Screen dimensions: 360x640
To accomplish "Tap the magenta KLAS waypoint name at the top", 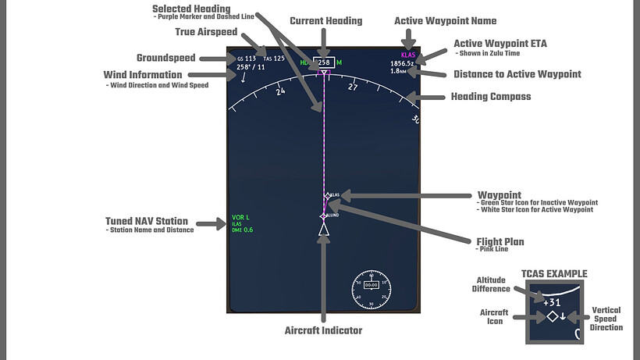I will [407, 55].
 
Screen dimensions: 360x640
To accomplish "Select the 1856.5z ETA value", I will [404, 63].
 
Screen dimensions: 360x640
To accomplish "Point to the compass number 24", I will [280, 91].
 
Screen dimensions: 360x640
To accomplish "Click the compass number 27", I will [353, 87].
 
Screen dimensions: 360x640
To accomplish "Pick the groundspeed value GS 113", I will [246, 59].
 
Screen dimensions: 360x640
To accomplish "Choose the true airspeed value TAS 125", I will [273, 59].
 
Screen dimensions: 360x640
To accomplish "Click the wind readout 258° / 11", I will [251, 67].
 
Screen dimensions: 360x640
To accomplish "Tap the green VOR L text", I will [240, 216].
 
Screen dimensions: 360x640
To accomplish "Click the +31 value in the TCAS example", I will [552, 302].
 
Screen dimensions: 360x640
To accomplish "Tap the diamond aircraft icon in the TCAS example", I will [552, 316].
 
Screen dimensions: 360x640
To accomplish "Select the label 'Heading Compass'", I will [491, 97].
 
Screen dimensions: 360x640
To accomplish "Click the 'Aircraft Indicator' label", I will [324, 330].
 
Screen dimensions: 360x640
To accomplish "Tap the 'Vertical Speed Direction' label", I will [606, 319].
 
